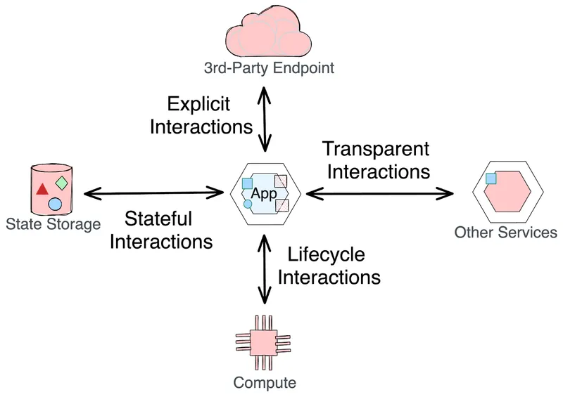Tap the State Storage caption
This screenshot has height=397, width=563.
click(x=53, y=224)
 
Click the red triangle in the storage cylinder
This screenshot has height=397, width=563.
click(x=42, y=189)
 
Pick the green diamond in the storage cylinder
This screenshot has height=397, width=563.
click(x=62, y=183)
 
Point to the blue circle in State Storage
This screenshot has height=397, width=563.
click(x=55, y=204)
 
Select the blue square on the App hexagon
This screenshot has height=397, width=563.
click(x=247, y=184)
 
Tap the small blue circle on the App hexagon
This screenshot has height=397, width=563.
click(x=248, y=204)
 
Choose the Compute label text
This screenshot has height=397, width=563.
click(x=264, y=383)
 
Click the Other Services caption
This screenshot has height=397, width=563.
click(x=505, y=232)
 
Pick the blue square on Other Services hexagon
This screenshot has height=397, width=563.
click(x=491, y=178)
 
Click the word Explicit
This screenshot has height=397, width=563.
click(x=199, y=105)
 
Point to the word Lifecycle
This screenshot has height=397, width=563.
click(x=327, y=254)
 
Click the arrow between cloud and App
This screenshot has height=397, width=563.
click(x=265, y=119)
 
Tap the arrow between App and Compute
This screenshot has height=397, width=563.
click(x=265, y=267)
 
